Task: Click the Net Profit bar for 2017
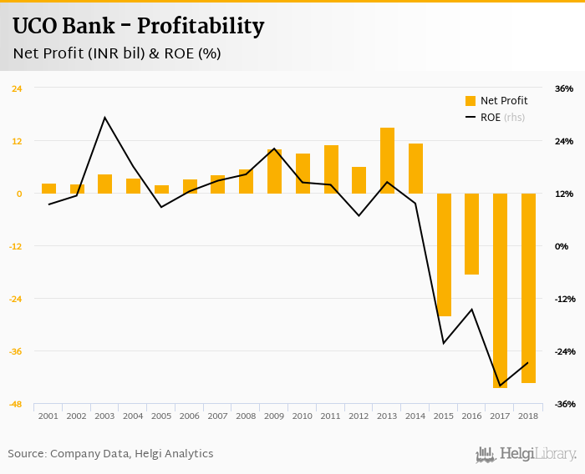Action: [x=500, y=290]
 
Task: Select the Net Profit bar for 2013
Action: [x=387, y=160]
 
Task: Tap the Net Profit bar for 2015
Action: [x=444, y=255]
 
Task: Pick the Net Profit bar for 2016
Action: [x=472, y=234]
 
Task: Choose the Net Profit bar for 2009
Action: [x=274, y=171]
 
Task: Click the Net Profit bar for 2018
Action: [x=528, y=288]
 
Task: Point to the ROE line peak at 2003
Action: [x=104, y=118]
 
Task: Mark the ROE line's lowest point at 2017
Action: [x=500, y=386]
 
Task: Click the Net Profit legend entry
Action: [x=496, y=101]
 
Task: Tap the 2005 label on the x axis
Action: [x=161, y=416]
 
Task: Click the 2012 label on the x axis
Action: [x=359, y=416]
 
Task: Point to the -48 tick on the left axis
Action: [x=16, y=404]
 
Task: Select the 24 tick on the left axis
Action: [x=16, y=88]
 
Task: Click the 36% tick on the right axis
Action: [x=563, y=88]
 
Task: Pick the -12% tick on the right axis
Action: [x=563, y=299]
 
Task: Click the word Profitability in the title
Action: [x=201, y=27]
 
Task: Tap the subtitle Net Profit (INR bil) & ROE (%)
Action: [x=117, y=54]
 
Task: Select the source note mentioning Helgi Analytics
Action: [x=110, y=454]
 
